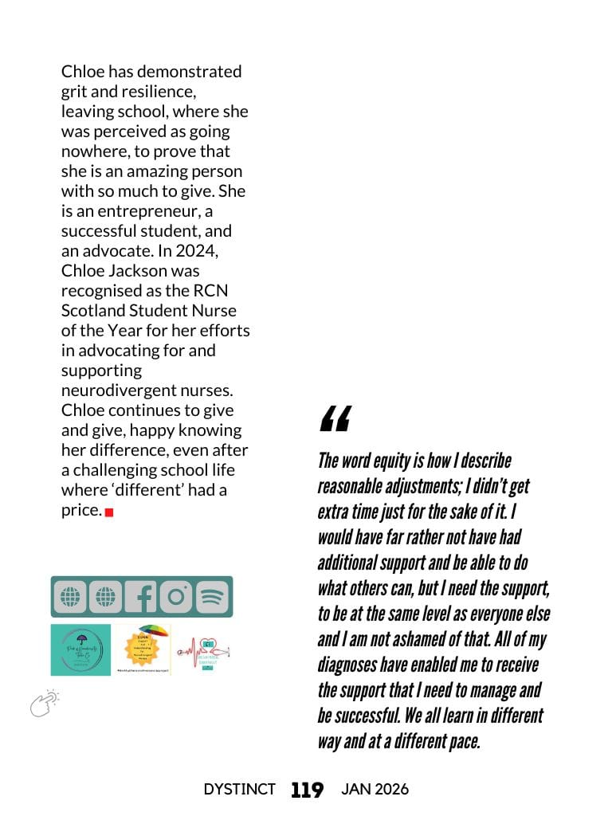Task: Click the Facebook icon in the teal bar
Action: click(x=141, y=597)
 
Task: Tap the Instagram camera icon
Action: click(x=176, y=597)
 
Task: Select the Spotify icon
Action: click(x=212, y=597)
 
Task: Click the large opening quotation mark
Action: click(x=335, y=419)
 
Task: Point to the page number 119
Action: click(x=307, y=790)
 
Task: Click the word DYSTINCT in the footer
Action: click(x=239, y=790)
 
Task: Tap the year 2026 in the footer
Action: click(x=391, y=790)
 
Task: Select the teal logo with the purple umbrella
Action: click(x=80, y=649)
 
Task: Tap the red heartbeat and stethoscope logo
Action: click(x=202, y=649)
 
